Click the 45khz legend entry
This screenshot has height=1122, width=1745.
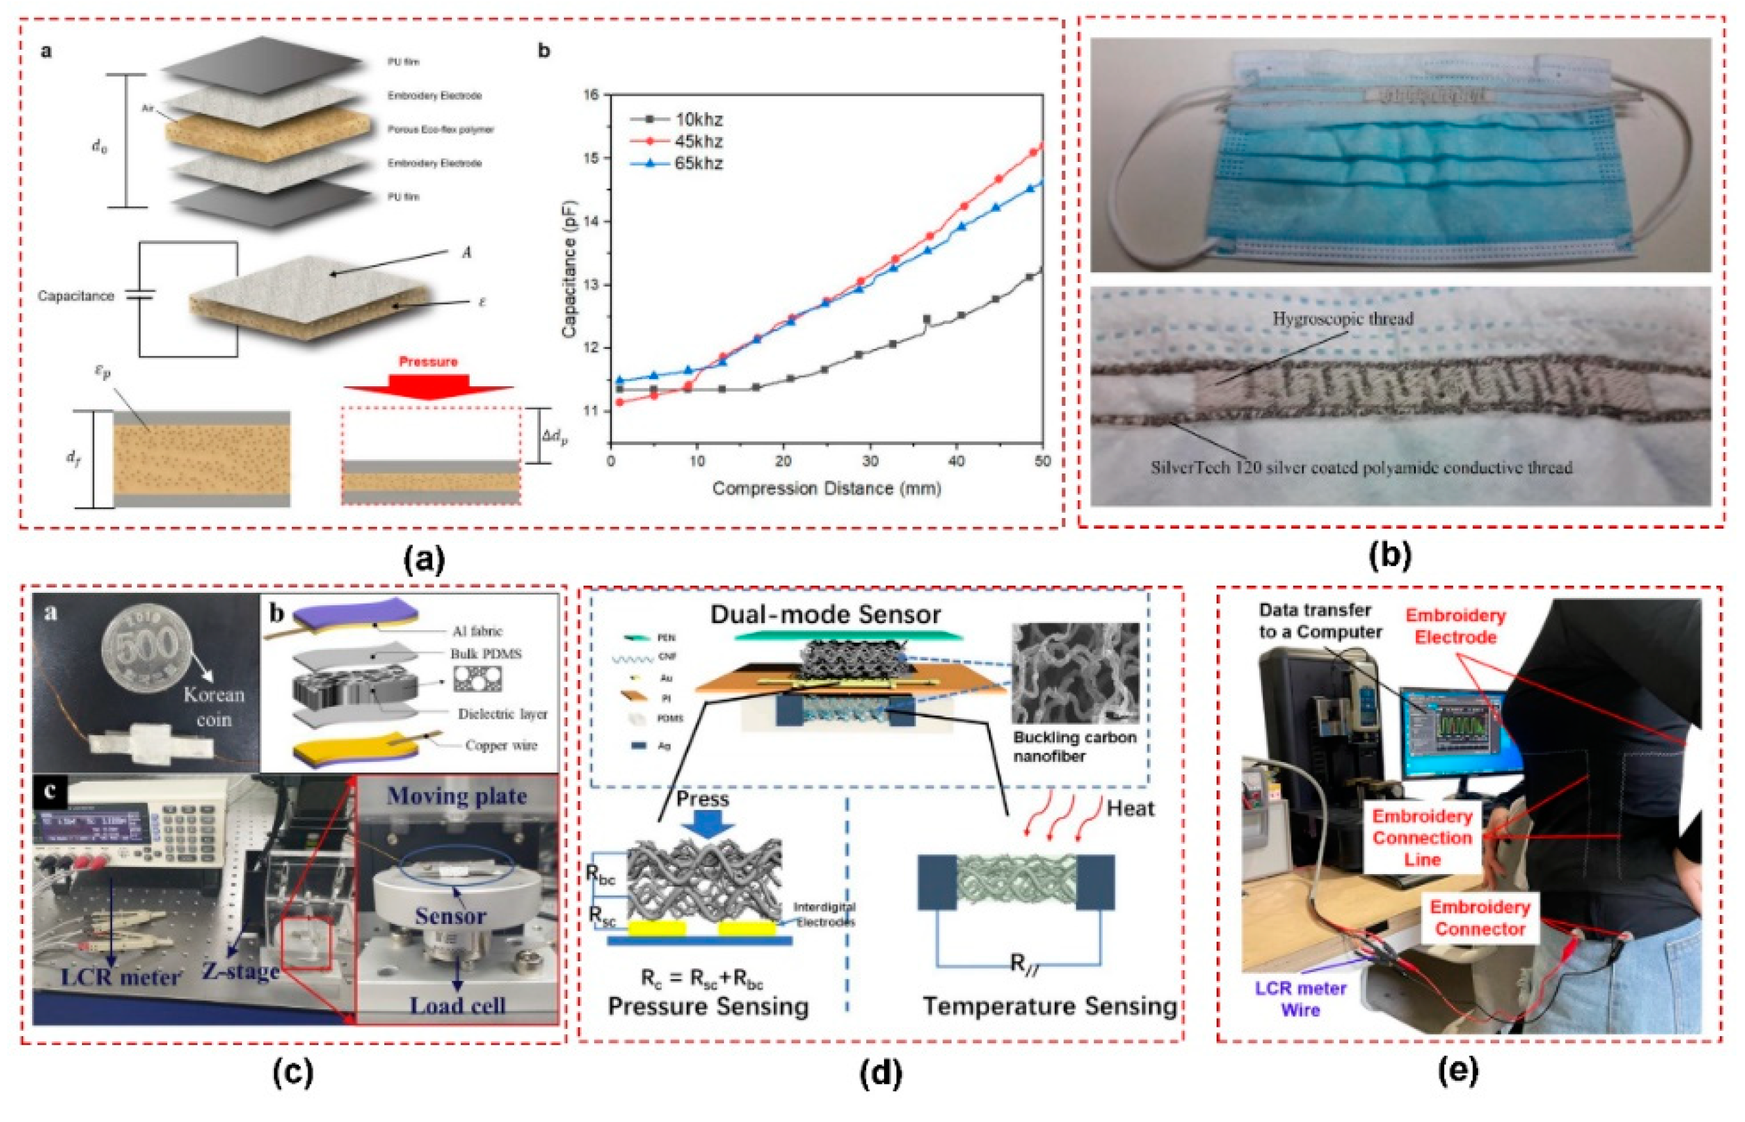tap(697, 142)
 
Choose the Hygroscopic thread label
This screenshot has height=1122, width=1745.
tap(1342, 319)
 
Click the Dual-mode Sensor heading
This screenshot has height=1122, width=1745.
tap(825, 614)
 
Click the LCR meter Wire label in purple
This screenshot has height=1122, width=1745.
tap(1300, 999)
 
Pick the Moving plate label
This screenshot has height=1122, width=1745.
tap(457, 796)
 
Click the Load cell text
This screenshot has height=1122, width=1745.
tap(457, 1005)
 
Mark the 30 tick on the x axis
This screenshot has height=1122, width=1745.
tap(870, 461)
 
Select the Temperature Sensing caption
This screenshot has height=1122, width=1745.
tap(1049, 1006)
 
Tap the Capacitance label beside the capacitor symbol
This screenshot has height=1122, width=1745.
tap(76, 296)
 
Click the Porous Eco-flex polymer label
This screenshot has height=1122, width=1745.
tap(441, 130)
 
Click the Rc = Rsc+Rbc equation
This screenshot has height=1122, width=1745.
tap(702, 978)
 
